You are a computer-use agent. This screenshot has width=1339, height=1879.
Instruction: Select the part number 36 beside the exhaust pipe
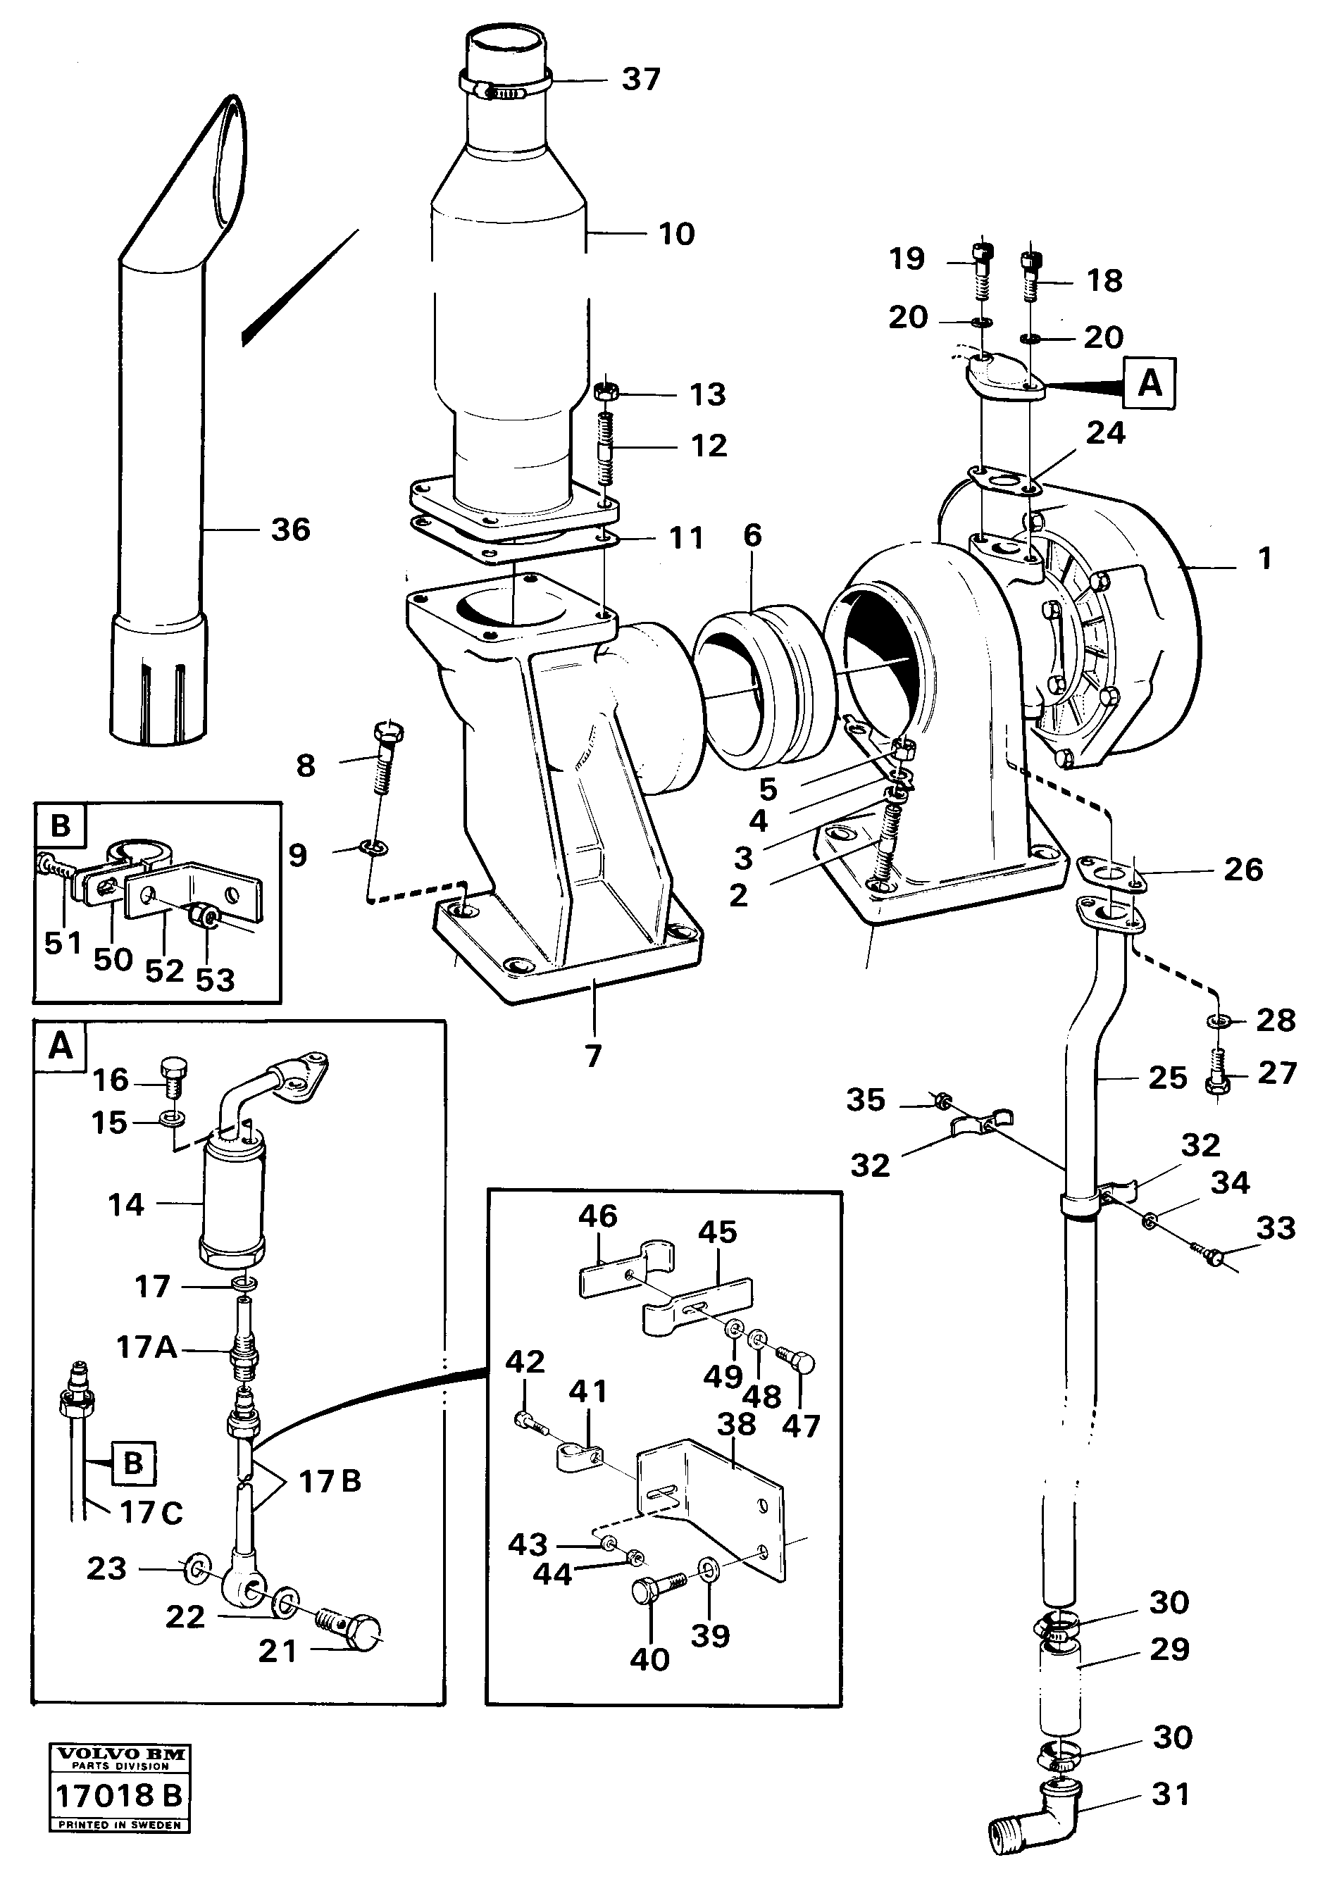[290, 530]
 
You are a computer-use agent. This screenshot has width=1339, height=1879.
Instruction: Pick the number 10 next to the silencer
[675, 233]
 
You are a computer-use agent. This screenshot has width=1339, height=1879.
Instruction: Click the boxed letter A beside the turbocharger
[1150, 383]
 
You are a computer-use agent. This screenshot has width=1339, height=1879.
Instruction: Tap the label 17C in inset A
[151, 1513]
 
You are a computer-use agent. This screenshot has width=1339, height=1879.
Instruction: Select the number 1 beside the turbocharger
[1264, 558]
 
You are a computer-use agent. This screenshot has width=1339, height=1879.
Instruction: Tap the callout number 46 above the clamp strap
[598, 1216]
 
